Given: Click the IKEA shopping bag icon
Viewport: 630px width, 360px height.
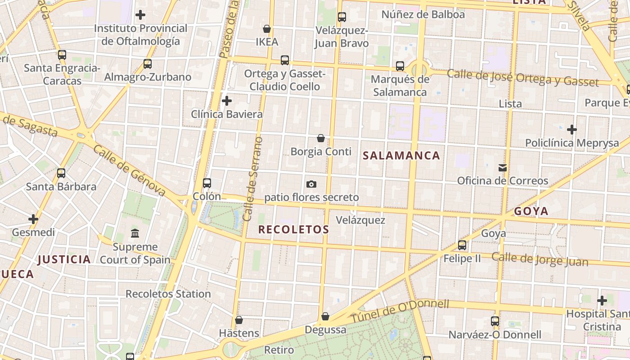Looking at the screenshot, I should (x=267, y=29).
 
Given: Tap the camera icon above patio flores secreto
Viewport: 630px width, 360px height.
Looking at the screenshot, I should (x=311, y=184).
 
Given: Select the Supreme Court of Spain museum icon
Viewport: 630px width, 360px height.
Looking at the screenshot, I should (x=135, y=233).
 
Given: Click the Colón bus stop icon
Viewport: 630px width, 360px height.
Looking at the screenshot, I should (x=207, y=183).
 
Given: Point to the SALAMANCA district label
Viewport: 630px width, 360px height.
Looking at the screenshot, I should (x=401, y=156).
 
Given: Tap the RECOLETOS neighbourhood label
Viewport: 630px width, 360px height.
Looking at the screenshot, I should (x=293, y=229).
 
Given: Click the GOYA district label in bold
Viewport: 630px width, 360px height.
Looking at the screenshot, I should (x=531, y=211).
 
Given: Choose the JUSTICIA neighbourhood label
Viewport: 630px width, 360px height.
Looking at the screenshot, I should (x=64, y=259).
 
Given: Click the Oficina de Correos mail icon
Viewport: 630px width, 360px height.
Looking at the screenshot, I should (x=503, y=168).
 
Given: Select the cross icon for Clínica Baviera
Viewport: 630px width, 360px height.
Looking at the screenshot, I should (x=227, y=101).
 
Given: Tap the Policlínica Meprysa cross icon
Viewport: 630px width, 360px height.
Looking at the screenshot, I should (x=572, y=130).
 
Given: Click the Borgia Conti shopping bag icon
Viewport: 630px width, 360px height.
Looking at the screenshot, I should (x=321, y=138).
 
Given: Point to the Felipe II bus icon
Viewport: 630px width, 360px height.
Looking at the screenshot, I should (x=462, y=245).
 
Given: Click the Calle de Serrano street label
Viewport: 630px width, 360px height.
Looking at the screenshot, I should (x=253, y=179).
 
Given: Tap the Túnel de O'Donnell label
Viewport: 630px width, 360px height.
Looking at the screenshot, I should (x=400, y=310).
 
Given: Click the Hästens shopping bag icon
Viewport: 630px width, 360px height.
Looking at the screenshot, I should (x=239, y=320).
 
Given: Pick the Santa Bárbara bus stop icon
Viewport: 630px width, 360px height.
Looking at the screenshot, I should (x=61, y=173).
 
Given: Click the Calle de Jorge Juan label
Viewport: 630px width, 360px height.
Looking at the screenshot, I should (x=540, y=259).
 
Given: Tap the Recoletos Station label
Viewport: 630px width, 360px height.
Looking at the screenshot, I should (x=168, y=294).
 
